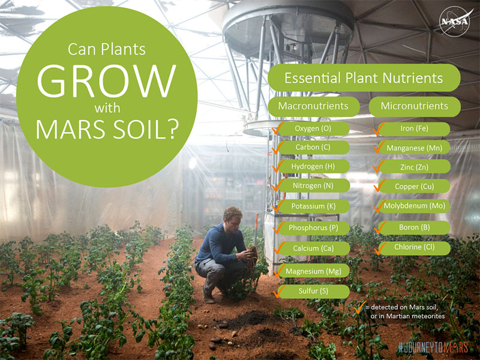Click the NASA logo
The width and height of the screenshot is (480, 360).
tap(454, 22)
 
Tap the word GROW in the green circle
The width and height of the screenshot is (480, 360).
tap(107, 81)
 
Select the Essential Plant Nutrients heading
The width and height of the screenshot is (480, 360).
tap(364, 78)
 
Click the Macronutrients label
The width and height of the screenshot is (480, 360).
tap(313, 106)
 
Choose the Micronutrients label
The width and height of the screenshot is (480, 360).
tap(415, 106)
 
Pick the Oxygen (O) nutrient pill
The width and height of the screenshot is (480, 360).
tap(313, 128)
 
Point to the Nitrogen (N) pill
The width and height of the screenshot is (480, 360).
tap(313, 186)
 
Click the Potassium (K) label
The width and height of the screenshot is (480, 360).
tap(313, 206)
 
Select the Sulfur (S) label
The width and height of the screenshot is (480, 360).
tap(313, 291)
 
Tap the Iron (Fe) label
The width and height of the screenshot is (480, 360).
tap(414, 128)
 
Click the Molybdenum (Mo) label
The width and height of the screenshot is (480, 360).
tap(414, 206)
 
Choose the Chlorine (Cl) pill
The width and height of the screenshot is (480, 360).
tap(414, 247)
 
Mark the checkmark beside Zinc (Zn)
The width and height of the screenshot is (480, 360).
tap(379, 166)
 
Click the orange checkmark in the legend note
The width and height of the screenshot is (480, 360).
tap(360, 307)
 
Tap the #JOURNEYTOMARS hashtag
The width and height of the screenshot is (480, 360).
tap(433, 348)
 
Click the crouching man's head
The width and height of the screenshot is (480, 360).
tap(232, 218)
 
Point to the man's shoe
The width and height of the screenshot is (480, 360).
tap(208, 298)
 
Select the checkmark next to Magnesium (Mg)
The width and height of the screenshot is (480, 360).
tap(279, 271)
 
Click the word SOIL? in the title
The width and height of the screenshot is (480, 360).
tap(143, 130)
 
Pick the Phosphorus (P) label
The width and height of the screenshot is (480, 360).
tap(313, 228)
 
